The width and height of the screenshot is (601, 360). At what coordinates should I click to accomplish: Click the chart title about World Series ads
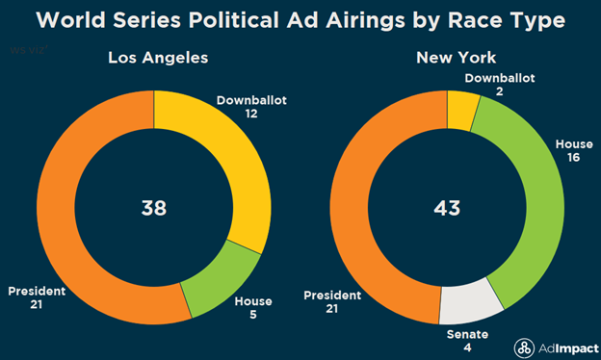coord(300,20)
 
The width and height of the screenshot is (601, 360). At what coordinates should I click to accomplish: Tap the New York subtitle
coord(446,60)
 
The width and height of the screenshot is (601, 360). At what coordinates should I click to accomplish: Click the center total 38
coord(154,207)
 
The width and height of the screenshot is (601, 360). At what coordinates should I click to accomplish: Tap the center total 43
coord(446,207)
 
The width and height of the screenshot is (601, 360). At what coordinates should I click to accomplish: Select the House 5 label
coord(253,308)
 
